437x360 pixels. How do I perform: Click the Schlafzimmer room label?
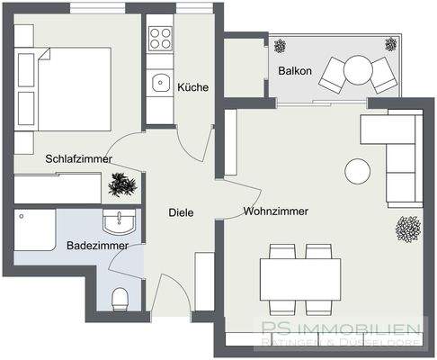coord(79,159)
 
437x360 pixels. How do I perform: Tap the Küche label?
coord(193,87)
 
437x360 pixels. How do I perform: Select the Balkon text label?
coord(294,69)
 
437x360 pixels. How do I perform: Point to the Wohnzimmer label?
coord(275,211)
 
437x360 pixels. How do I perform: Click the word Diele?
coord(181,213)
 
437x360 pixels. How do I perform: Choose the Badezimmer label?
coord(97,245)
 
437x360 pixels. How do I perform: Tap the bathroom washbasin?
coord(118,221)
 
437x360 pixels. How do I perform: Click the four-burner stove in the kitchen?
coord(160,38)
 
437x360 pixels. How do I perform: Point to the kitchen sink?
coord(161,82)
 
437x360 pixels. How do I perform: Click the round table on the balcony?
coord(358,67)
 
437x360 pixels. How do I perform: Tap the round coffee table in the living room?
coord(359,170)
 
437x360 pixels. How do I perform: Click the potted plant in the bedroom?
coord(122,185)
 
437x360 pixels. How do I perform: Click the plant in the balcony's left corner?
coord(281,45)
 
